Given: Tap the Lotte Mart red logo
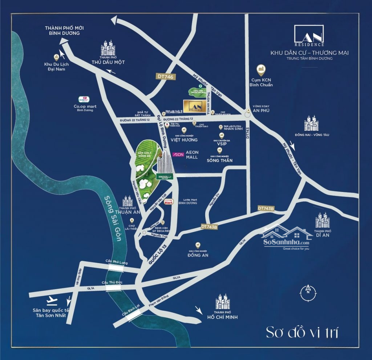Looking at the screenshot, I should (168, 202).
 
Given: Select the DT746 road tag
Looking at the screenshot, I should (165, 77).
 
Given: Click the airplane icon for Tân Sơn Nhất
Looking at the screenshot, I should (53, 300).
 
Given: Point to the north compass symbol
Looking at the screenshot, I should (308, 291).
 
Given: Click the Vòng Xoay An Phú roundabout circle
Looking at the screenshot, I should (248, 115).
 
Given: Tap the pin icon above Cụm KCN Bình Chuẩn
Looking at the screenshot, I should (261, 69).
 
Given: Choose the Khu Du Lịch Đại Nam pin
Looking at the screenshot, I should (56, 57).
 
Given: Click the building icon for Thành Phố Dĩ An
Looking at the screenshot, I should (322, 220).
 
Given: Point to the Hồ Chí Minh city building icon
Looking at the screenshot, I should (222, 302).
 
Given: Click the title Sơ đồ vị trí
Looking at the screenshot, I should (302, 332).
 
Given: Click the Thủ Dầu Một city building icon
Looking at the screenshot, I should (108, 48).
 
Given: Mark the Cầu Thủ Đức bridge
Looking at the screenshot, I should (113, 287).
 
